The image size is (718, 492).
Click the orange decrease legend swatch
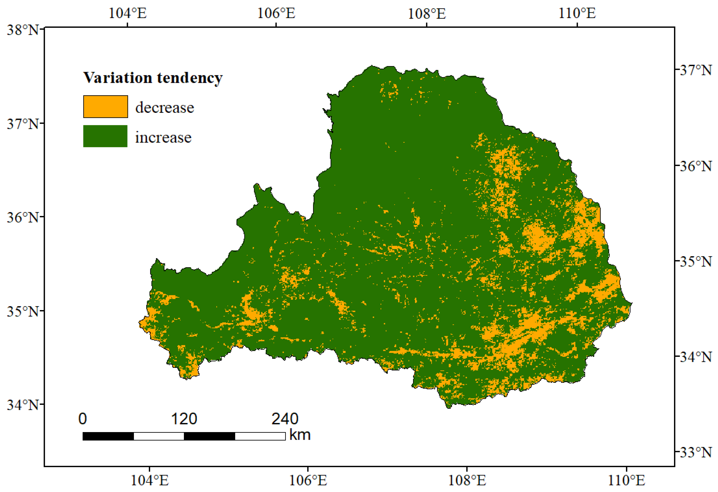pos(105,107)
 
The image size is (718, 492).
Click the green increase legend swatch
pos(105,136)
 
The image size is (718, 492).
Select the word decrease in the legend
pos(164,107)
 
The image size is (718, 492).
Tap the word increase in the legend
pos(163,137)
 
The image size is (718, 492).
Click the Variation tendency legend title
pos(153,77)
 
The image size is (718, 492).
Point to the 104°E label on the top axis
pos(128,13)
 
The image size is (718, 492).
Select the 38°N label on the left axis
pos(23,30)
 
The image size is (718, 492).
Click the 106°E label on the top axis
pos(276,13)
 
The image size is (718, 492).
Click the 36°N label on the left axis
pos(23,218)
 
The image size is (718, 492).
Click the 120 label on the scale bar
pos(184,419)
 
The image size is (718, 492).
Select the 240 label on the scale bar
pos(285,419)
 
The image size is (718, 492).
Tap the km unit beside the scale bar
pos(300,435)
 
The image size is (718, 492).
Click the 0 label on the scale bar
pos(82,419)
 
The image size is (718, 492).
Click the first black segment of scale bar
pos(108,436)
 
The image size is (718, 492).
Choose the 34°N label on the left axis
pos(23,405)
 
